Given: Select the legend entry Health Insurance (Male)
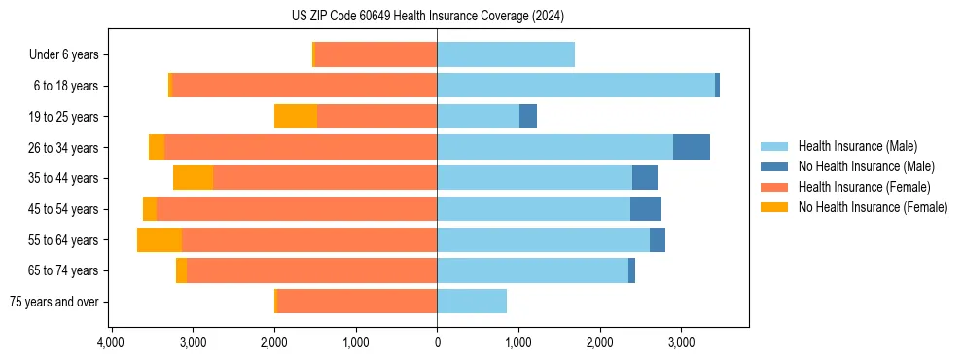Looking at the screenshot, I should pyautogui.click(x=857, y=146).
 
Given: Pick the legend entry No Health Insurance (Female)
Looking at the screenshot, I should pyautogui.click(x=872, y=207).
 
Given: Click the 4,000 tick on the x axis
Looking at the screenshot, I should pyautogui.click(x=111, y=342).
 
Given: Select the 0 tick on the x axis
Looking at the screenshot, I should pyautogui.click(x=437, y=342).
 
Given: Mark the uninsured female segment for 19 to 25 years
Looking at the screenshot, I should pyautogui.click(x=296, y=117).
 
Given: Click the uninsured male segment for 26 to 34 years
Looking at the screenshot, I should pyautogui.click(x=692, y=147).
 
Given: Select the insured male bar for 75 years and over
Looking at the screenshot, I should pyautogui.click(x=472, y=302).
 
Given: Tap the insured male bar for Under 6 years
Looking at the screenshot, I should pyautogui.click(x=506, y=54).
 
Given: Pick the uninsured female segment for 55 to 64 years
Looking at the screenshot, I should pyautogui.click(x=160, y=240).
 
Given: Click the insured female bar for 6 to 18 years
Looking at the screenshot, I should pyautogui.click(x=304, y=86).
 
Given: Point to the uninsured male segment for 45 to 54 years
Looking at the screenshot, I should pyautogui.click(x=646, y=209).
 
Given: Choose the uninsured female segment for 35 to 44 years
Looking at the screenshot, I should pyautogui.click(x=193, y=178).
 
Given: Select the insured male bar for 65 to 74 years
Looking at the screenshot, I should pyautogui.click(x=532, y=270).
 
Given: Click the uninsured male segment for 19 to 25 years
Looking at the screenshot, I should pyautogui.click(x=528, y=117).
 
